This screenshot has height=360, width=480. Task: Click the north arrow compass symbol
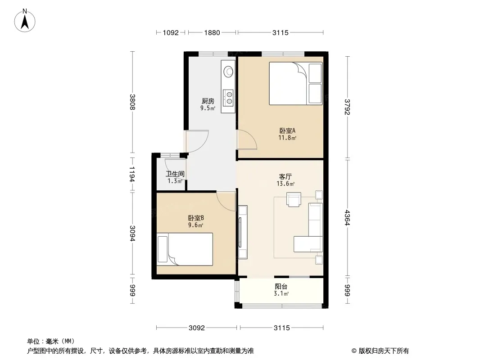[x=25, y=21]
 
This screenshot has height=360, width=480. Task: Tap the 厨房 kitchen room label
[x=208, y=101]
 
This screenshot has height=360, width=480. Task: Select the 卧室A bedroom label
[x=287, y=130]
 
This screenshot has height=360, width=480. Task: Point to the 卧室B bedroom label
[x=196, y=218]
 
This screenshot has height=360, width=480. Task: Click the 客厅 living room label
[x=285, y=177]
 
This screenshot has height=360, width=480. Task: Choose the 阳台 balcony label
[x=281, y=287]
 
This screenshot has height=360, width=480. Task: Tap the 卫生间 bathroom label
[x=175, y=174]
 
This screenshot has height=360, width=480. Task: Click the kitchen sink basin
[x=228, y=72]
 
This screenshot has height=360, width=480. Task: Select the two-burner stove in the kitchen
[x=228, y=97]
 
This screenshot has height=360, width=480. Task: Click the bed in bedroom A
[x=296, y=84]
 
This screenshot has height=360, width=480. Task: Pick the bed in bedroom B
[x=185, y=249]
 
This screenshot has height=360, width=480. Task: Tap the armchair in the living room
[x=294, y=199]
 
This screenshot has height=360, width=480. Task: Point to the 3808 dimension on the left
[x=132, y=102]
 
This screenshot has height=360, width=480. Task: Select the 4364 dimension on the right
[x=347, y=217]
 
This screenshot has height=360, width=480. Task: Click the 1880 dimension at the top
[x=212, y=32]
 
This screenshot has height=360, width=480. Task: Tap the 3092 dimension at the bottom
[x=196, y=328]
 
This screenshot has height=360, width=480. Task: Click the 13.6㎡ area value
[x=285, y=184]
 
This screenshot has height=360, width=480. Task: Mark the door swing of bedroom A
[x=247, y=139]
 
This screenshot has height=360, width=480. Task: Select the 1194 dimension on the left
[x=132, y=174]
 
